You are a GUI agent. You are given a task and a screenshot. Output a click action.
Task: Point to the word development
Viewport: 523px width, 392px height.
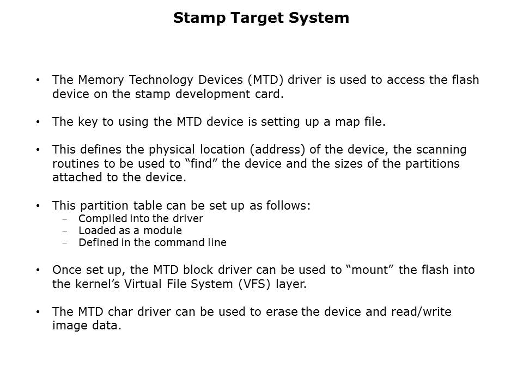point(213,95)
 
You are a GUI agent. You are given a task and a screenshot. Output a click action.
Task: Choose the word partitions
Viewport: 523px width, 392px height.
point(432,164)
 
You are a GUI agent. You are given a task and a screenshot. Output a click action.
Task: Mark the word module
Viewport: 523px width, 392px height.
point(162,231)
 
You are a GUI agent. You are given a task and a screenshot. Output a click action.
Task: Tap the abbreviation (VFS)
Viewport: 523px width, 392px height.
point(254,284)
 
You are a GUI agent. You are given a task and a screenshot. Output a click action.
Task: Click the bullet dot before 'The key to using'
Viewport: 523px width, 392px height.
point(38,122)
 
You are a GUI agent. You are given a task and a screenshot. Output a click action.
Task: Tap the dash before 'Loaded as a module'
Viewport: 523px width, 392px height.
point(65,231)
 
